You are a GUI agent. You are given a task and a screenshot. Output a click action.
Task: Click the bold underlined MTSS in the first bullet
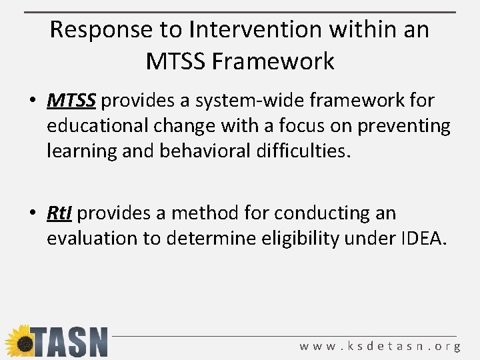coord(72,101)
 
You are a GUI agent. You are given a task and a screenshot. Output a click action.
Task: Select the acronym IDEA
coord(421,239)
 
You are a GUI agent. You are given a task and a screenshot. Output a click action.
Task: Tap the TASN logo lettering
coord(69,342)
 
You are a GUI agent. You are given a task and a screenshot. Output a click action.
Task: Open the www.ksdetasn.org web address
coord(380,347)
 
